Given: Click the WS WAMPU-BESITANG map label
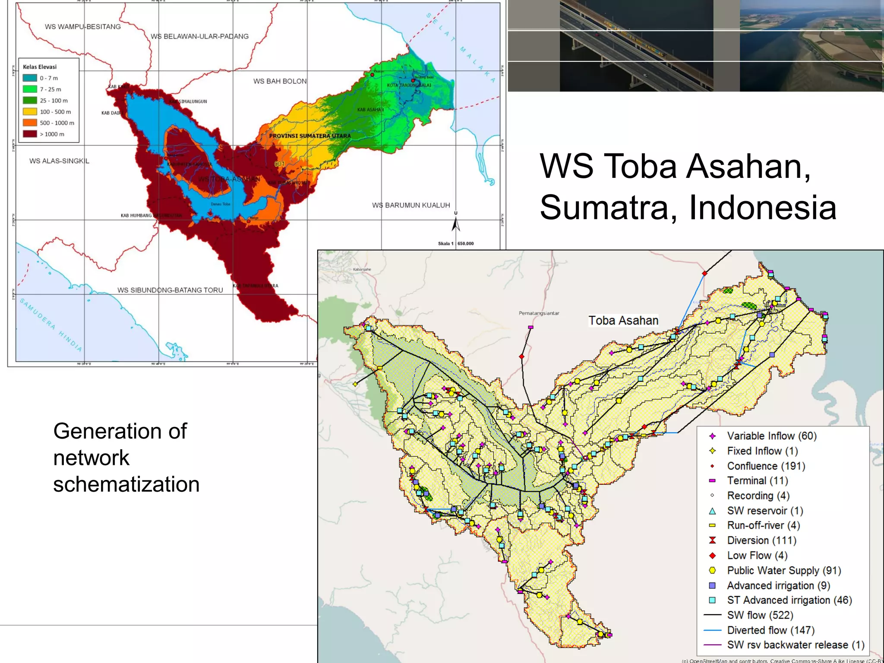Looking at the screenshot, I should click(82, 27).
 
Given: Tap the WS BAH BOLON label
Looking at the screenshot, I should click(280, 81).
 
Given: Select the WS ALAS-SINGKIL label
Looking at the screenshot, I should click(59, 161).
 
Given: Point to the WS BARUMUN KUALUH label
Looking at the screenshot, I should click(411, 205).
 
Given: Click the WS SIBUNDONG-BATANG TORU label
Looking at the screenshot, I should click(170, 290).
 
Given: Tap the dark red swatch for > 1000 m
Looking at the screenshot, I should click(30, 134).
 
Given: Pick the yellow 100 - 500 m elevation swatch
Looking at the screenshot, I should click(30, 112).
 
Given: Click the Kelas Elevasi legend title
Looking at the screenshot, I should click(40, 67).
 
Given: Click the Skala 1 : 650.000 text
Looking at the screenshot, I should click(456, 243).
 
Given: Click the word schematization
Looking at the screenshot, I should click(126, 484).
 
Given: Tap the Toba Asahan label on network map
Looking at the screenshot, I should click(623, 321).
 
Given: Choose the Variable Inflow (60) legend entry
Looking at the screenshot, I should click(771, 436).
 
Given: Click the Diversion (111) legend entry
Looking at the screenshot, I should click(761, 540).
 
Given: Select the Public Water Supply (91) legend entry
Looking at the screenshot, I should click(784, 571).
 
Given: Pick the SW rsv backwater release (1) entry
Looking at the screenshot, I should click(796, 645).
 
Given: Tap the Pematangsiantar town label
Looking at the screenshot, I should click(539, 313).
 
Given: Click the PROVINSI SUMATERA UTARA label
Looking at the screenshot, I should click(310, 136).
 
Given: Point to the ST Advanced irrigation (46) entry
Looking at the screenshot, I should click(789, 600).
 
